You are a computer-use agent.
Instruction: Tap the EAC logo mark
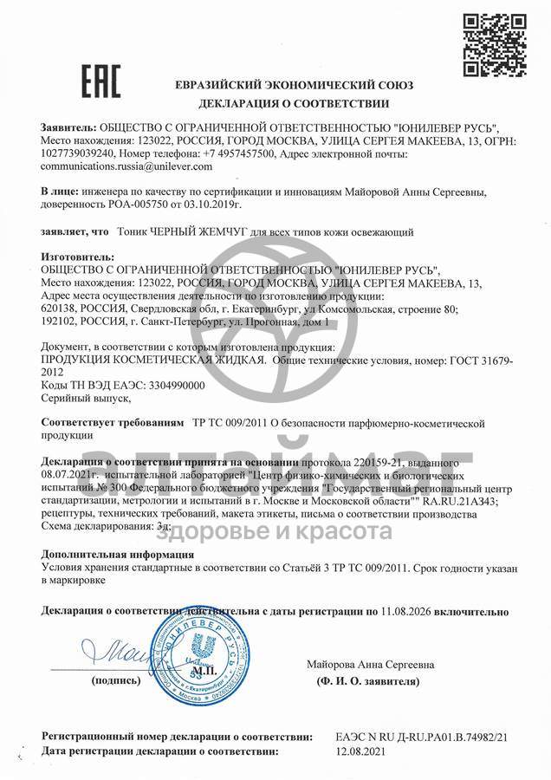(101, 80)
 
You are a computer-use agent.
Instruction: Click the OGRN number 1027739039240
(79, 153)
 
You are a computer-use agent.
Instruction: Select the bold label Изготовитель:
(77, 257)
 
